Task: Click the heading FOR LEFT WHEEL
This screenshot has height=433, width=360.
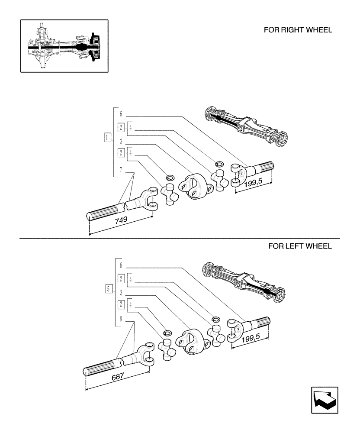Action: tap(300, 246)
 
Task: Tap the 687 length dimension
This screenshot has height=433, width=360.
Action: tap(117, 377)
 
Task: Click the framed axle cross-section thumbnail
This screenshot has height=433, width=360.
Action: tap(64, 45)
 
